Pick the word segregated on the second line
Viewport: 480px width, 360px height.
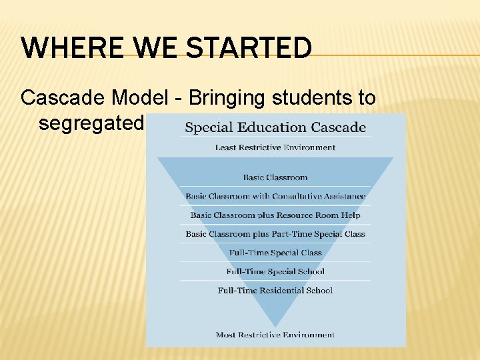(91, 123)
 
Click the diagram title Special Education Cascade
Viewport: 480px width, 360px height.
(275, 127)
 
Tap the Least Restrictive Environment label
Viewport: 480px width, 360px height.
(275, 147)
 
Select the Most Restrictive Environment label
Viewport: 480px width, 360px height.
(275, 335)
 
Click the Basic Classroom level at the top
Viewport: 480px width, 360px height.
(275, 177)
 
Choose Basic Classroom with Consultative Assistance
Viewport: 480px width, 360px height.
(275, 196)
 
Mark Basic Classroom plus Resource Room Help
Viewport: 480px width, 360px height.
(275, 215)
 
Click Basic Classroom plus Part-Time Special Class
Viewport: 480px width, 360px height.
(275, 234)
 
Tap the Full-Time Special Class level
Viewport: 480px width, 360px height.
(275, 253)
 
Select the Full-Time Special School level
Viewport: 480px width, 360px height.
(275, 271)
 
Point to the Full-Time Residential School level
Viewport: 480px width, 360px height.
(275, 290)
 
